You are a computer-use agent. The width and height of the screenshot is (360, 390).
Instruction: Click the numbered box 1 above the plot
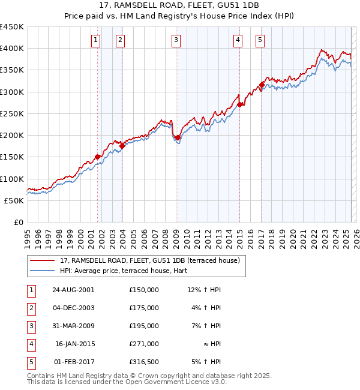(x=96, y=40)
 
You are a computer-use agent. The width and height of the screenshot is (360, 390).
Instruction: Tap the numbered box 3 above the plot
(x=176, y=40)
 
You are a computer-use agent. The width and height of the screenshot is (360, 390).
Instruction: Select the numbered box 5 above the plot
(x=260, y=40)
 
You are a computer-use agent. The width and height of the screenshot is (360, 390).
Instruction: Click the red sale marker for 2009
(x=178, y=137)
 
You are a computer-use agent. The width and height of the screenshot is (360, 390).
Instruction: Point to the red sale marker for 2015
(x=239, y=104)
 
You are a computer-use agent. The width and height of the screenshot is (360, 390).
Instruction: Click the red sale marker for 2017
(x=262, y=85)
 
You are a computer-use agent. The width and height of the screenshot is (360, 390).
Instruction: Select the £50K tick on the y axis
(x=14, y=200)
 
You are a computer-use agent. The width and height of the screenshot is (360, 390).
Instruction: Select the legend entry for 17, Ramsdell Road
(x=149, y=260)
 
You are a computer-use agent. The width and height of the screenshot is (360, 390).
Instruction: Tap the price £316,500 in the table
(x=144, y=362)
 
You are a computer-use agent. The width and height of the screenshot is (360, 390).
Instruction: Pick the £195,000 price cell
(x=144, y=326)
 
